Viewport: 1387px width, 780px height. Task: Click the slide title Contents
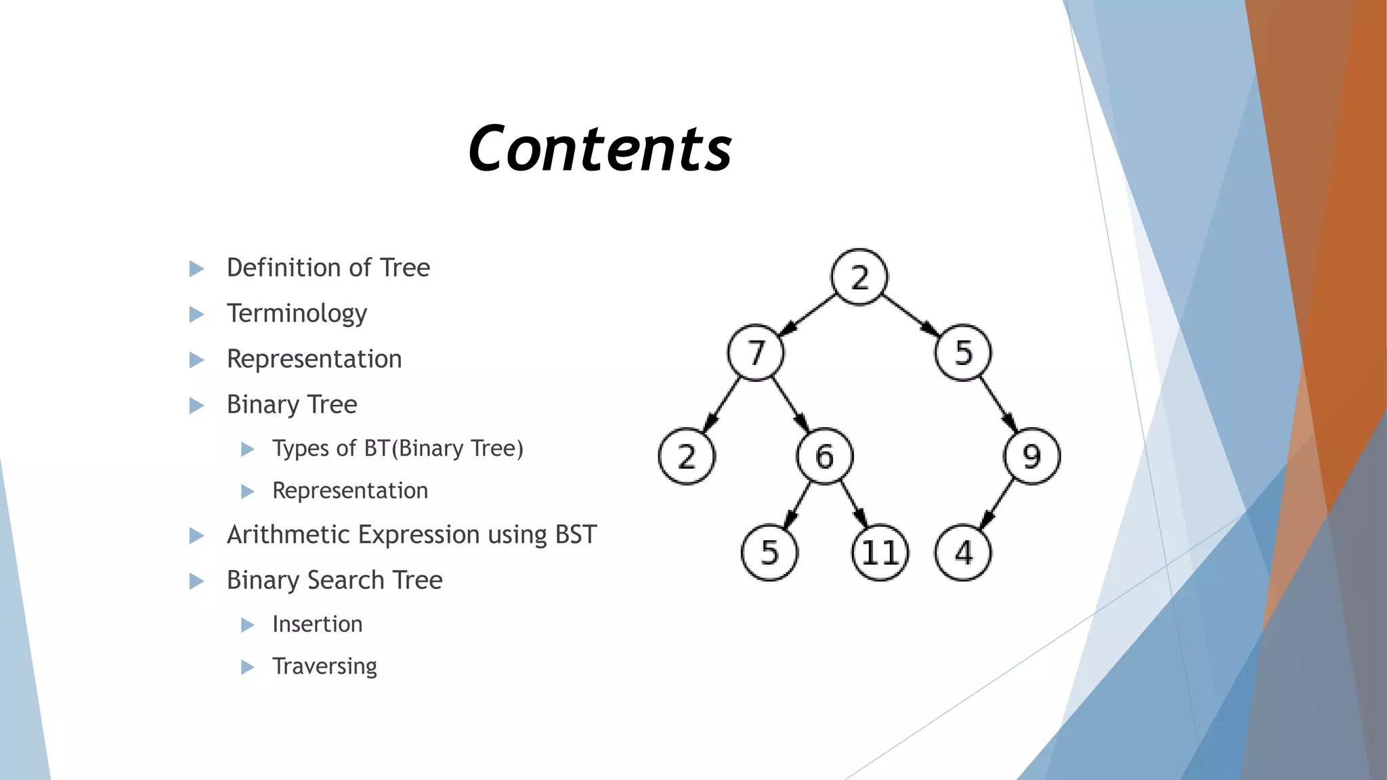click(599, 149)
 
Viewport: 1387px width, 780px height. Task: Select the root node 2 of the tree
click(859, 277)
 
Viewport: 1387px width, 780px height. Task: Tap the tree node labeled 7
click(756, 353)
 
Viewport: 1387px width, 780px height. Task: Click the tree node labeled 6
click(824, 456)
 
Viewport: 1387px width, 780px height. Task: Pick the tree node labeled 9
click(1031, 456)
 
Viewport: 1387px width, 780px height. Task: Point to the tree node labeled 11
click(880, 552)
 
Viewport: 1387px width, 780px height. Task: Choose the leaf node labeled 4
click(963, 552)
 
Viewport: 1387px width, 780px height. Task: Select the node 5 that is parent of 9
click(963, 353)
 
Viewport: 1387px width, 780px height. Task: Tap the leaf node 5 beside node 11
click(769, 552)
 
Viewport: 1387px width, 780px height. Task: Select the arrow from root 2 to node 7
click(808, 315)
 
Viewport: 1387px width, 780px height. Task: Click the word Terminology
click(297, 313)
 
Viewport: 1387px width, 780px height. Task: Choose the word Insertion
click(317, 624)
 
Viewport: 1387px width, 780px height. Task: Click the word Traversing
click(324, 666)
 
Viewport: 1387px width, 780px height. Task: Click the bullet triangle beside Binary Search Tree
click(196, 581)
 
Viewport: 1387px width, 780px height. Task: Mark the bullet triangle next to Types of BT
click(248, 449)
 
